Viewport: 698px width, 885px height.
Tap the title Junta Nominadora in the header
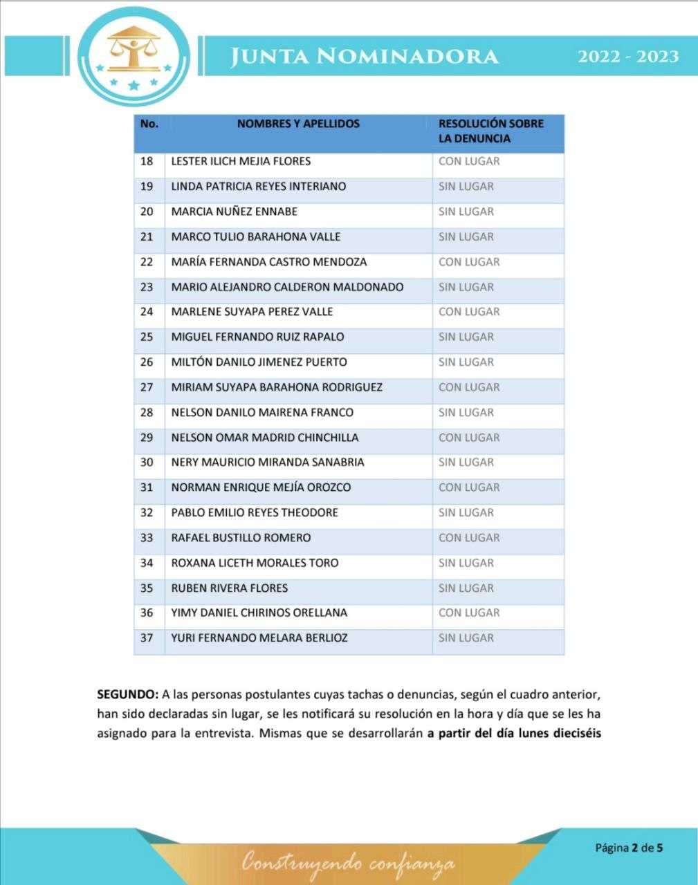tap(364, 56)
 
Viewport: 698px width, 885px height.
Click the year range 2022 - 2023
tap(627, 56)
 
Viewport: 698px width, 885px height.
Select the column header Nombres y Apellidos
tap(298, 124)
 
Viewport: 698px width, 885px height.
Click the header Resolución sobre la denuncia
tap(490, 131)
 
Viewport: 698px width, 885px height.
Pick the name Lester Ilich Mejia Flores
tap(241, 161)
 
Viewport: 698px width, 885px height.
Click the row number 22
tap(147, 262)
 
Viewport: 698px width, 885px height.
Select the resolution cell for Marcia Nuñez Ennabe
tap(466, 212)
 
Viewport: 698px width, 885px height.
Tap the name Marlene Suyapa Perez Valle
tap(252, 312)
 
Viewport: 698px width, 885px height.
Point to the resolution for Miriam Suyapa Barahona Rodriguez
tap(469, 387)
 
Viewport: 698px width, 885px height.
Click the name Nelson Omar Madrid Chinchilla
tap(265, 438)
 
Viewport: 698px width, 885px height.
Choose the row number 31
tap(147, 487)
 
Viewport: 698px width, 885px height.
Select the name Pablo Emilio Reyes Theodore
tap(255, 513)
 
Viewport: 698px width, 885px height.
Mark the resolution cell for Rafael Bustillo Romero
tap(469, 538)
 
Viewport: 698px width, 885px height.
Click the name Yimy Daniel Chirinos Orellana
tap(259, 613)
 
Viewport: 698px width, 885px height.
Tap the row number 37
tap(147, 638)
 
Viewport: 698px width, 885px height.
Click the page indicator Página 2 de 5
tap(629, 847)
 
